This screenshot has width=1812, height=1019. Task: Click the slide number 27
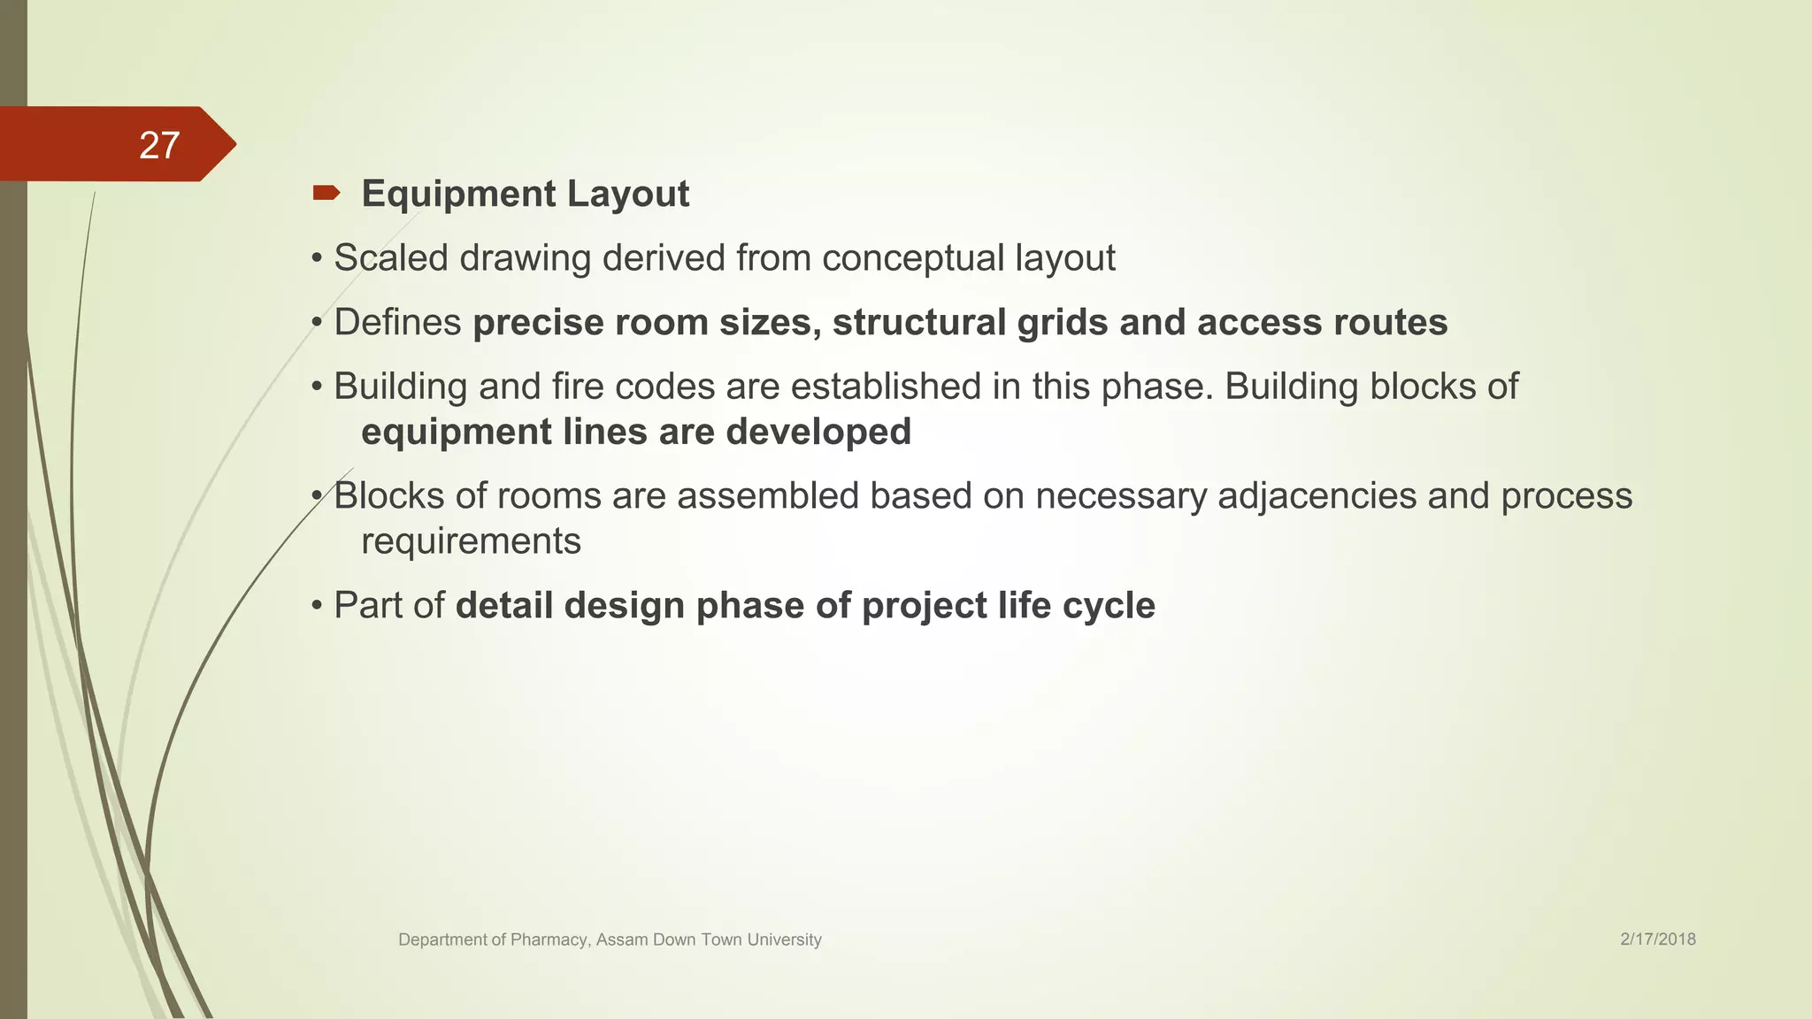(x=159, y=145)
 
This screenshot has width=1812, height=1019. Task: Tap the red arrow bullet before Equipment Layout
(x=326, y=193)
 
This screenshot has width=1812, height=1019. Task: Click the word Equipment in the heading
(x=458, y=195)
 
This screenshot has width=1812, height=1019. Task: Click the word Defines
(x=397, y=323)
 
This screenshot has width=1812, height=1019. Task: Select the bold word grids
(x=1062, y=323)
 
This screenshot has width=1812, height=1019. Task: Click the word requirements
(x=471, y=541)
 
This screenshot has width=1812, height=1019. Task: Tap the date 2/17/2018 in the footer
(x=1657, y=939)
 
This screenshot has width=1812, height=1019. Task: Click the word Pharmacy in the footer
(x=549, y=940)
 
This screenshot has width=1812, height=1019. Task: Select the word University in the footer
(x=784, y=940)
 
